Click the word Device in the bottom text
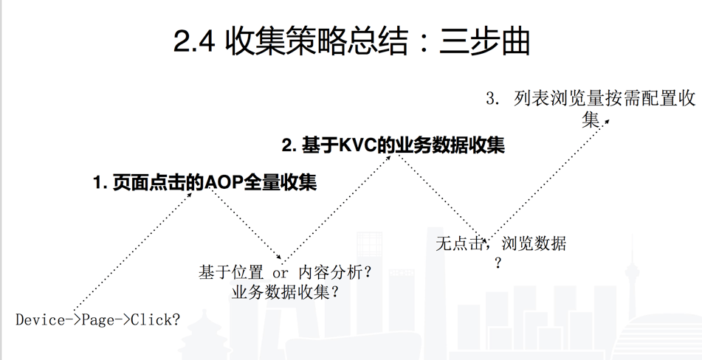click(x=40, y=320)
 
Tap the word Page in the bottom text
click(x=97, y=320)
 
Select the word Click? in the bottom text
click(x=155, y=320)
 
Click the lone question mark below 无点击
click(x=498, y=263)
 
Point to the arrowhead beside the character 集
click(x=606, y=119)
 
